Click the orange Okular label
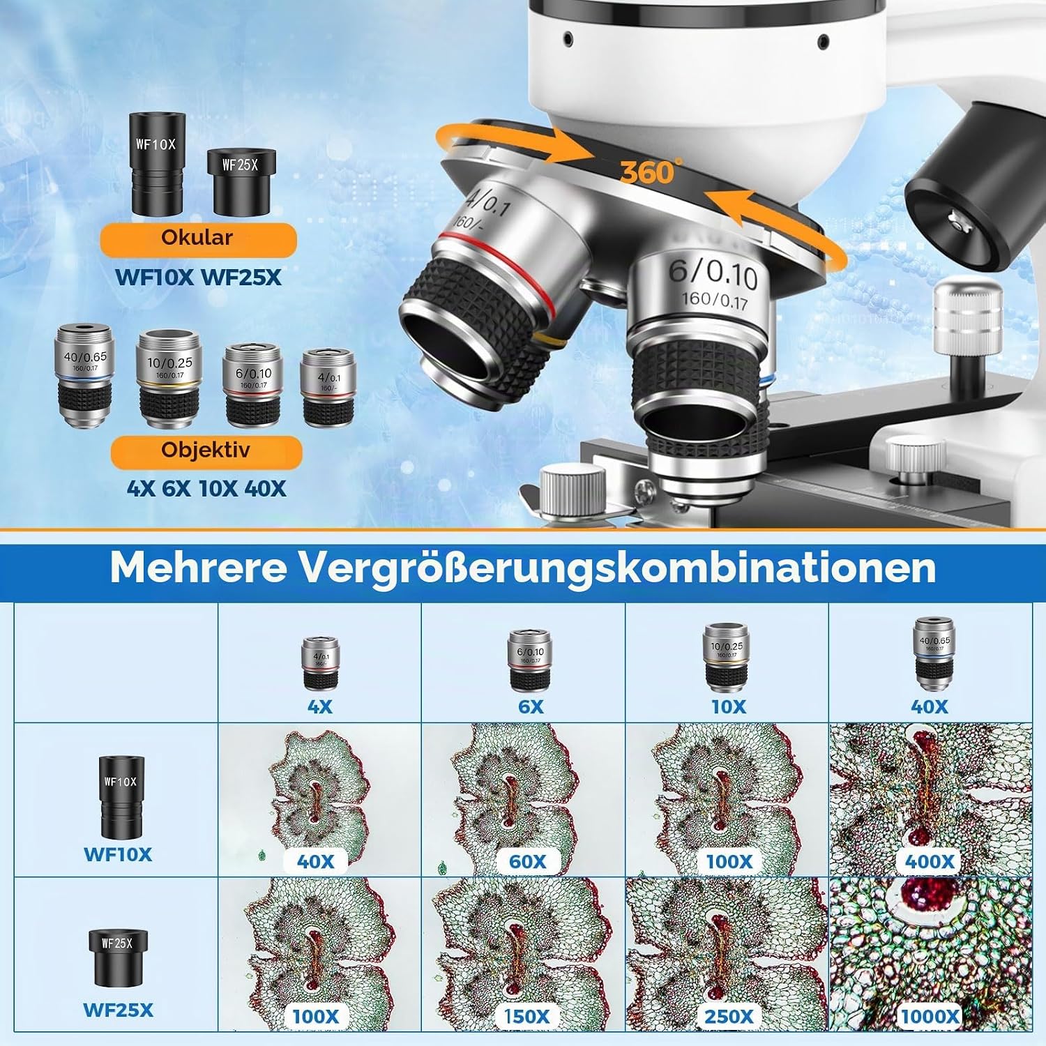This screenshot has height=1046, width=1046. click(x=198, y=238)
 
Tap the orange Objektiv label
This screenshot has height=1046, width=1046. click(x=206, y=450)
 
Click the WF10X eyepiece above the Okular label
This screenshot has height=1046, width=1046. click(x=156, y=164)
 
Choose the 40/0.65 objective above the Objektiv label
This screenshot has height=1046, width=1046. click(x=84, y=375)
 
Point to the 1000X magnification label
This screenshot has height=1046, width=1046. click(x=930, y=1016)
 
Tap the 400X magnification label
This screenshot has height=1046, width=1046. click(x=930, y=862)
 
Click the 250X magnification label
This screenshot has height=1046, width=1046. click(x=729, y=1016)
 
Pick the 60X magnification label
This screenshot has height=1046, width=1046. click(x=528, y=862)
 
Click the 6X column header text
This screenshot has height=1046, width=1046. click(x=531, y=707)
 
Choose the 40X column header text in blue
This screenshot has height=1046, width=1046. click(x=930, y=707)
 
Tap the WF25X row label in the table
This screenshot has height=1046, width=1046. click(x=118, y=1010)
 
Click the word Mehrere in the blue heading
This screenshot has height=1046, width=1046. click(x=198, y=568)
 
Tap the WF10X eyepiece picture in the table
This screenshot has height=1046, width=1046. click(x=121, y=796)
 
